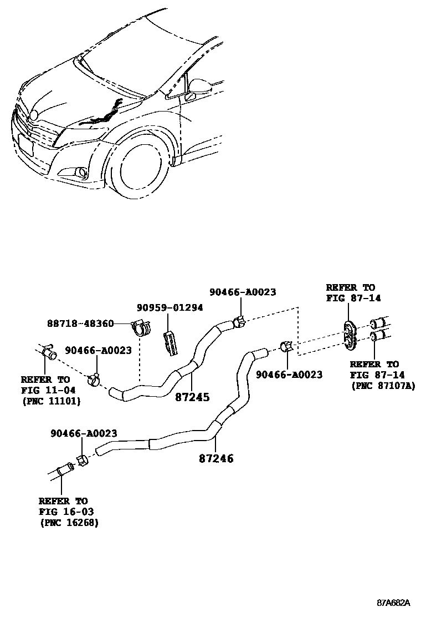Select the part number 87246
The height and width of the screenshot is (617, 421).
215,459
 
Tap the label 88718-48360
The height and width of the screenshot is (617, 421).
80,323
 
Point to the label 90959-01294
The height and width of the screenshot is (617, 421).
170,307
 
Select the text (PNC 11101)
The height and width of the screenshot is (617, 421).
50,401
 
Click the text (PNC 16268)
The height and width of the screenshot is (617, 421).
69,523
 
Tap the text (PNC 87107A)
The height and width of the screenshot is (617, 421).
383,385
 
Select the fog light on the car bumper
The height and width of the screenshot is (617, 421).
83,173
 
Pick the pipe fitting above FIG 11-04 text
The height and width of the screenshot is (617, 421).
49,351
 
